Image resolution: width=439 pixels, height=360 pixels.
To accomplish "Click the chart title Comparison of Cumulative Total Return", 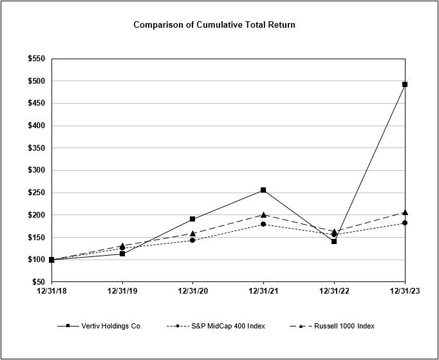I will coord(214,25).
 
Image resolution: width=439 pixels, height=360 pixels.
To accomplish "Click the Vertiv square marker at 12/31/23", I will coord(405,84).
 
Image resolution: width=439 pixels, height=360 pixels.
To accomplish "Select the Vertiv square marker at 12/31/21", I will coord(263,190).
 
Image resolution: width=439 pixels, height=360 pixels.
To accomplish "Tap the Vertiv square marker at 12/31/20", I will coord(192,219).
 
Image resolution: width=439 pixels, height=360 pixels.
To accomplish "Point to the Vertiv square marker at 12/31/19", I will coord(122,254).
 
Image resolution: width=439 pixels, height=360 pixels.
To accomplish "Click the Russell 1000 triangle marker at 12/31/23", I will coord(405,212).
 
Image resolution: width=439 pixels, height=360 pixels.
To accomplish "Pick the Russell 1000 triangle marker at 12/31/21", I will coord(263,214).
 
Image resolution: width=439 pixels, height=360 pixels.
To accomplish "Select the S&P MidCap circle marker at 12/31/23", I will coord(405,223).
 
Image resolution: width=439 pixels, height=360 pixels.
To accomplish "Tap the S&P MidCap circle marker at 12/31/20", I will coord(192,240).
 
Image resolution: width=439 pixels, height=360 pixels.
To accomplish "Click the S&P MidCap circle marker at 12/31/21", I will coord(263,224).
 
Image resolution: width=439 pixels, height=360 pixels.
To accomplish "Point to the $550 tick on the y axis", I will coord(36,59).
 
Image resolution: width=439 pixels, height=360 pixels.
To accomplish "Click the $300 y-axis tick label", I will coord(36,170).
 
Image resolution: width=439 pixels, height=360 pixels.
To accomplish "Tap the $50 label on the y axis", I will coord(38,282).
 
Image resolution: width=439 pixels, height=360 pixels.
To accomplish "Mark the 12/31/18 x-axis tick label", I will coord(51,291).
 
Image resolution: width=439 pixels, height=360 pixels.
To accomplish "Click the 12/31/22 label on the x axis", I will coord(334,291).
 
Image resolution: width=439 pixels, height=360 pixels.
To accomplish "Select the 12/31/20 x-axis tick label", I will coord(192,291).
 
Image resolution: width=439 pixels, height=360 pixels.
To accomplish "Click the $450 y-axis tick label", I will coord(36,103).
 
